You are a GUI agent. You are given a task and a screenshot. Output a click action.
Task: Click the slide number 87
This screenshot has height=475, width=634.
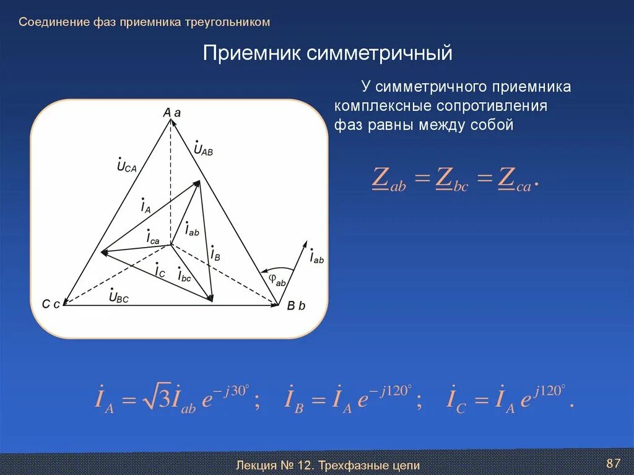(613, 463)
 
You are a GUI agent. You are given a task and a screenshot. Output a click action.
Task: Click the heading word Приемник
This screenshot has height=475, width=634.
(252, 53)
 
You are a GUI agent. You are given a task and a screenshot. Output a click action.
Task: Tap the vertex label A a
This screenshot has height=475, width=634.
(172, 113)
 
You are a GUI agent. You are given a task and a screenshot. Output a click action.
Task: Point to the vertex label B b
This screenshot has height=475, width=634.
(296, 305)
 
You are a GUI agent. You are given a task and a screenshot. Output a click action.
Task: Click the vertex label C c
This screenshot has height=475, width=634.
(51, 303)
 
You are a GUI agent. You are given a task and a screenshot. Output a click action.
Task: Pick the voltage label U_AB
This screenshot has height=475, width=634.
(202, 149)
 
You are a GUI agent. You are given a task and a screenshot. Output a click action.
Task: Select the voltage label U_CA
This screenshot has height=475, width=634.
(126, 165)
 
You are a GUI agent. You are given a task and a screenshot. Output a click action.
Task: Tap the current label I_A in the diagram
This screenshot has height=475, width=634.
(145, 206)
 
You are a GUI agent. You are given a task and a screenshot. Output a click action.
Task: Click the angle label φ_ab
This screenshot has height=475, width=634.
(277, 280)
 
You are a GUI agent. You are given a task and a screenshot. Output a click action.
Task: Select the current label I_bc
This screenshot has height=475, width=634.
(184, 275)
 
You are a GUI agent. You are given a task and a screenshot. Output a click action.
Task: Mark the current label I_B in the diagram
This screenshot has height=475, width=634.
(215, 253)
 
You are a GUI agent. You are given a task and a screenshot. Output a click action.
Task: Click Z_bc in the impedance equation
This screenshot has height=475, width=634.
(452, 179)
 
